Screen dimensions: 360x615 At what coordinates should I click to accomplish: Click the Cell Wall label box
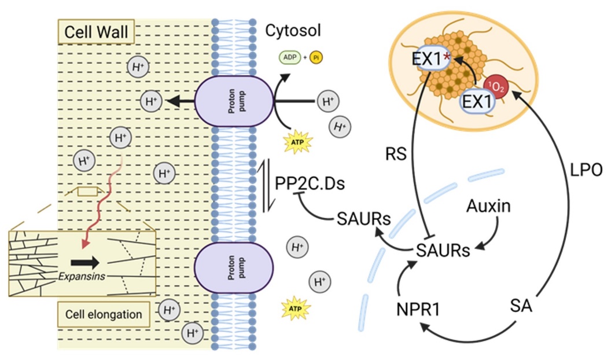pos(96,32)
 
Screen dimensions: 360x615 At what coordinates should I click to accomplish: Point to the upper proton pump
pos(233,102)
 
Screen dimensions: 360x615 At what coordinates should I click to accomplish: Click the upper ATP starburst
pos(296,141)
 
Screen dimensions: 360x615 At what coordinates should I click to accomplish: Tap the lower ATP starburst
pos(296,309)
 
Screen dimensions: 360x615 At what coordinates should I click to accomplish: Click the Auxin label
pos(489,205)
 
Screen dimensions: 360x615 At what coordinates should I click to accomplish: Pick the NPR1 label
pos(418,308)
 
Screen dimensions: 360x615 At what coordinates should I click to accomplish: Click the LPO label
pos(587,170)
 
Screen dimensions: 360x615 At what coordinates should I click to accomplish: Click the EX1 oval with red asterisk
pos(431,60)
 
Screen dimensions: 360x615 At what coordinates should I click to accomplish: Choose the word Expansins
pos(82,276)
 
